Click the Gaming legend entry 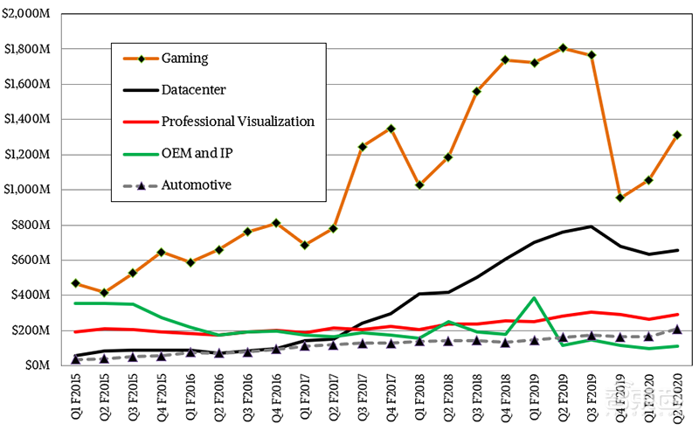(185, 59)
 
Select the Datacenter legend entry (194, 89)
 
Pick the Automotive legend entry (197, 184)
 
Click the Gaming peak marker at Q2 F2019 (563, 48)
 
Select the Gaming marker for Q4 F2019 (619, 198)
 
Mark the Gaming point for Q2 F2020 (677, 136)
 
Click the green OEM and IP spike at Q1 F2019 (534, 298)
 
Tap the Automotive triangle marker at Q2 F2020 (677, 330)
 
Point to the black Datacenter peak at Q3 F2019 (592, 226)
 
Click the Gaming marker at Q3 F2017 (362, 147)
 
